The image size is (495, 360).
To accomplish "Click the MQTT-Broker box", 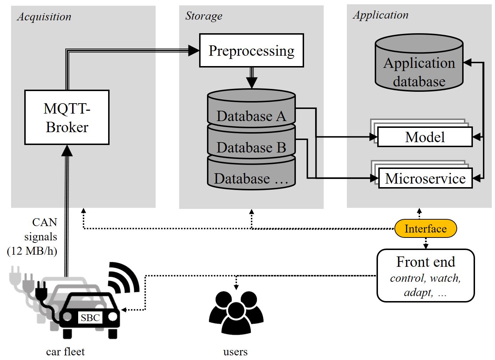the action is [x=67, y=117].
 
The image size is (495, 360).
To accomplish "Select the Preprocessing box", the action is [x=252, y=50].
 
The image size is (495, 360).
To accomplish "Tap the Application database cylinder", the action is [x=419, y=62].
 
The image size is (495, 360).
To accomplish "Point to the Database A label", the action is [x=251, y=116].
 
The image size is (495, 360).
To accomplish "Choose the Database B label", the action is [x=251, y=147].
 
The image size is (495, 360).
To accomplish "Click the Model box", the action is [x=425, y=137].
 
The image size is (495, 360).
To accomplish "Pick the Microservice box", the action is [x=425, y=178].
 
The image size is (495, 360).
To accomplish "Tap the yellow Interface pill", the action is [x=426, y=229].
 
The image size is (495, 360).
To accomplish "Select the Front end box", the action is [x=426, y=275].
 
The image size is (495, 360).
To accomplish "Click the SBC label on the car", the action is [x=90, y=318].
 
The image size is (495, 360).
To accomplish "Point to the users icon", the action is [x=236, y=313].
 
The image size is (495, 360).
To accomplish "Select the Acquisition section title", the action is [x=44, y=17].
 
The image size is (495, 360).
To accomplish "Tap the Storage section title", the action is [x=203, y=16].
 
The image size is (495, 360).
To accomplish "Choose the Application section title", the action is [x=380, y=15].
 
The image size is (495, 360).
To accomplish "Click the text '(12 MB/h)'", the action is [x=32, y=251].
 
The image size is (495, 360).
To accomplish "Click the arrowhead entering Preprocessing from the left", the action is [x=194, y=50].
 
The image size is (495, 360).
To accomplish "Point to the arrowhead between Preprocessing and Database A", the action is [x=252, y=83].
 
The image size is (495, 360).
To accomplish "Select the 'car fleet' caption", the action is [x=65, y=351].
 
